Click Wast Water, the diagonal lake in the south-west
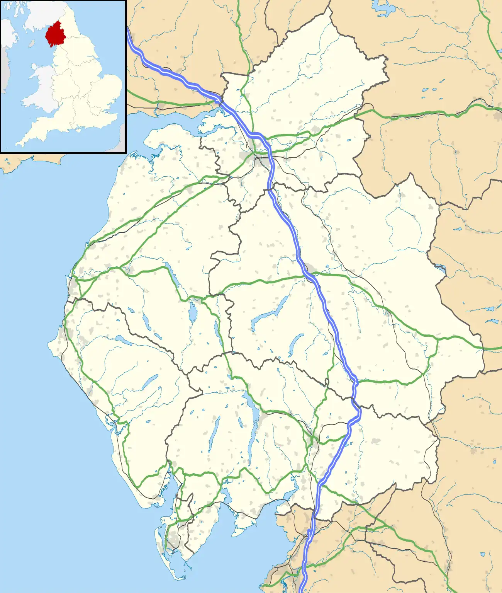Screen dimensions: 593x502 point(150,382)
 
